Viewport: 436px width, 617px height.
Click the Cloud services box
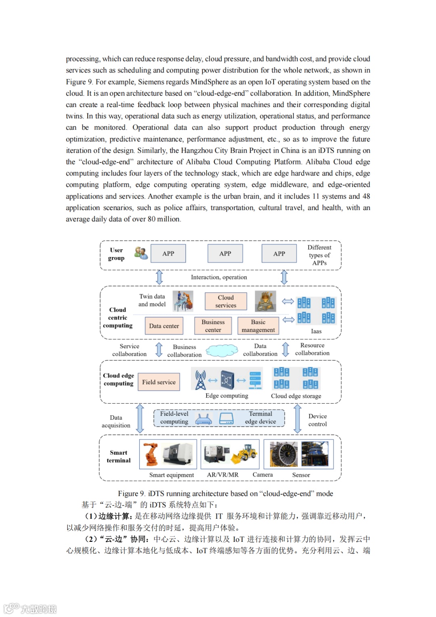coord(226,301)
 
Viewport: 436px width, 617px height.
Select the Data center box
coord(164,326)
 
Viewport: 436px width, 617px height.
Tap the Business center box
coord(213,326)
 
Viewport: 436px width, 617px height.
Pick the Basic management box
coord(258,326)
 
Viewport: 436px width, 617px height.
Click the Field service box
coord(159,382)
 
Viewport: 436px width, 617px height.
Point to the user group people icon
coord(141,253)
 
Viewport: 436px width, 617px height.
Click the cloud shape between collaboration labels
coord(222,350)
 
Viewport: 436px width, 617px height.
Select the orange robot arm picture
coord(150,454)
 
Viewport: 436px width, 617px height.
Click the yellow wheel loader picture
coord(245,454)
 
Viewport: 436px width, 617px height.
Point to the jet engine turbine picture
coord(284,454)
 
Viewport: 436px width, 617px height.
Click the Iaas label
coord(316,331)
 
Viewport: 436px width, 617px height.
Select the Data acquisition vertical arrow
coord(140,419)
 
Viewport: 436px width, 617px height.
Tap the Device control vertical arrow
coord(298,419)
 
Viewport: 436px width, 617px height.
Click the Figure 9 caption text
coord(225,493)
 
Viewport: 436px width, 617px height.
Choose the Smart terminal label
coord(119,457)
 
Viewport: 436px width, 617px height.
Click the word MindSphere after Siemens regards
coord(210,82)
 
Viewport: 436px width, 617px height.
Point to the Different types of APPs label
coord(319,255)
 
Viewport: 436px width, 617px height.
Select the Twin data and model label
coord(152,300)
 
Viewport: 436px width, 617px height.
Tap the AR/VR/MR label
coord(222,475)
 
